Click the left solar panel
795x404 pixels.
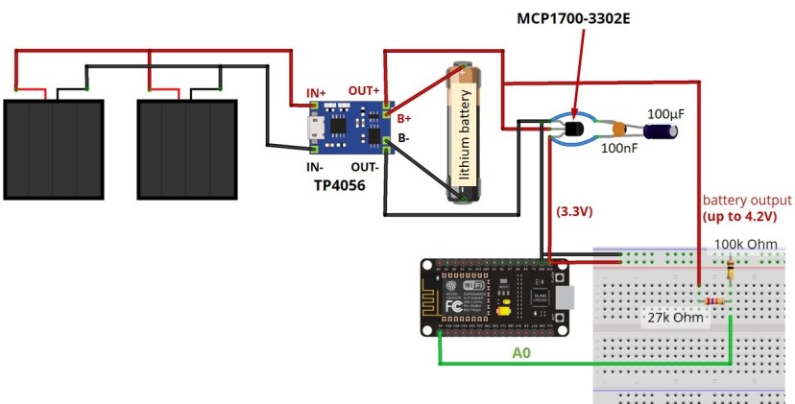coord(54,147)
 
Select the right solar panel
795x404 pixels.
coord(188,147)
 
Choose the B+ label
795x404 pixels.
coord(405,119)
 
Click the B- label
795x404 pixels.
coord(404,138)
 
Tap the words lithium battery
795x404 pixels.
coord(464,133)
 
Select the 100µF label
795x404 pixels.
coord(666,114)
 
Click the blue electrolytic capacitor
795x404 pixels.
coord(663,132)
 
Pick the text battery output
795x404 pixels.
coord(747,201)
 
